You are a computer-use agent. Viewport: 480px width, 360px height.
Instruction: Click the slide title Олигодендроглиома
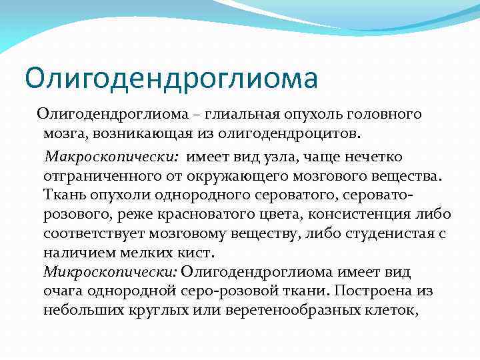(x=171, y=78)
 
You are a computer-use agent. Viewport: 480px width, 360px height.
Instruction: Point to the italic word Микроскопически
(x=110, y=273)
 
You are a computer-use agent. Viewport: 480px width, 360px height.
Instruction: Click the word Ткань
(x=63, y=195)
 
